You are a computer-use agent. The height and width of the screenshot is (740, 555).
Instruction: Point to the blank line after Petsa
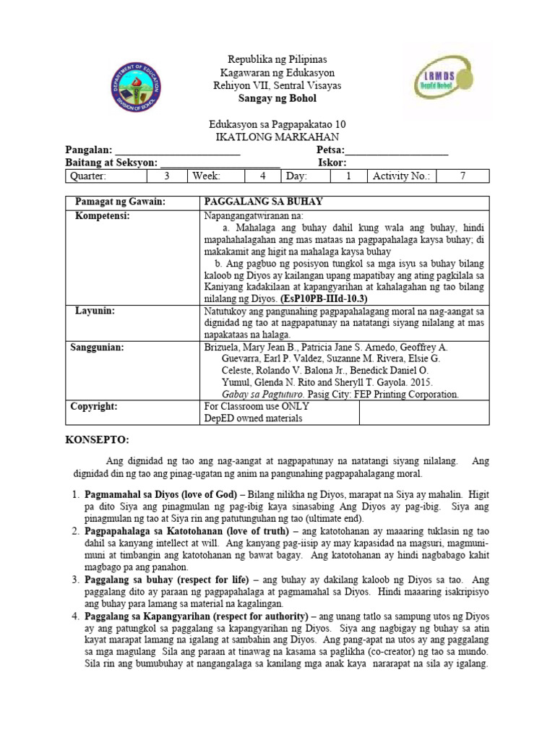click(397, 150)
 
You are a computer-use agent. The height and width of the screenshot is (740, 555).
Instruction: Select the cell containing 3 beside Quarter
click(167, 176)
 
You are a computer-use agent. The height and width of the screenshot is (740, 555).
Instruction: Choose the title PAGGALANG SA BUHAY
click(264, 202)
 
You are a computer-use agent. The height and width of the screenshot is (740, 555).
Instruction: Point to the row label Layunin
click(95, 311)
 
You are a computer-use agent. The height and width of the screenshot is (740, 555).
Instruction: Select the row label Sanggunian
click(97, 348)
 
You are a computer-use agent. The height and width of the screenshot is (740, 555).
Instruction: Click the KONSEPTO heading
click(97, 439)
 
